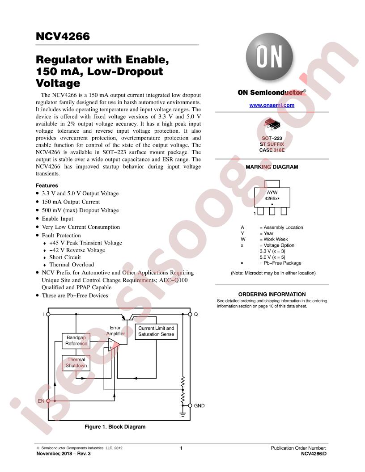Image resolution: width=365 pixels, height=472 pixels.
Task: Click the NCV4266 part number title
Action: pyautogui.click(x=63, y=36)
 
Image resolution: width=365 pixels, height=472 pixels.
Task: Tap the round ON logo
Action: pyautogui.click(x=269, y=57)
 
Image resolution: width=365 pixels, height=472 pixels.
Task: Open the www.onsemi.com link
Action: pyautogui.click(x=272, y=105)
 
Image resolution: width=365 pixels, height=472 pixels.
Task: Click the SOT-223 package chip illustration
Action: pyautogui.click(x=272, y=124)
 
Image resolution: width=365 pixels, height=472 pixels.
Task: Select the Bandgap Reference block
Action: pyautogui.click(x=76, y=341)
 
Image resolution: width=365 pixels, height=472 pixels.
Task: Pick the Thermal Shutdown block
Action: pyautogui.click(x=76, y=363)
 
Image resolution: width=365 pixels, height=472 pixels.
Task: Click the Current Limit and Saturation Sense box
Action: pyautogui.click(x=156, y=331)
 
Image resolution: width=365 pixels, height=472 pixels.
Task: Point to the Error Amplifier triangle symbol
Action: pyautogui.click(x=114, y=344)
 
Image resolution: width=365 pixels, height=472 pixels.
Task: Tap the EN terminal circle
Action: pyautogui.click(x=48, y=401)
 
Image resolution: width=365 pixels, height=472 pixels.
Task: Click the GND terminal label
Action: pyautogui.click(x=199, y=406)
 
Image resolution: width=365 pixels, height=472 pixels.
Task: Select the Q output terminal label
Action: pyautogui.click(x=196, y=314)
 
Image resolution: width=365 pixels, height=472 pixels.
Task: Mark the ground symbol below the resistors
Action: pyautogui.click(x=182, y=415)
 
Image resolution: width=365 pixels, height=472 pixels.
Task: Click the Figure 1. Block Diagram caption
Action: pyautogui.click(x=115, y=427)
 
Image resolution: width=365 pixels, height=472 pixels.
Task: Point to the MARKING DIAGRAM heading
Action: pyautogui.click(x=272, y=167)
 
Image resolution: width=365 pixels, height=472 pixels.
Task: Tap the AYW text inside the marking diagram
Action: pyautogui.click(x=272, y=192)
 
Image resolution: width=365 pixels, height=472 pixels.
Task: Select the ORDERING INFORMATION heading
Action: pyautogui.click(x=272, y=295)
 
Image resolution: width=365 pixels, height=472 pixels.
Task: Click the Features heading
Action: pyautogui.click(x=47, y=185)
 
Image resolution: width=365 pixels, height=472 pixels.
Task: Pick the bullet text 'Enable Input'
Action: pyautogui.click(x=57, y=219)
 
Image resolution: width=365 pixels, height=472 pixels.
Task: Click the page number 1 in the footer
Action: pyautogui.click(x=181, y=448)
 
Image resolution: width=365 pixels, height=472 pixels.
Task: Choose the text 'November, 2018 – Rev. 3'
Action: pyautogui.click(x=64, y=454)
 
